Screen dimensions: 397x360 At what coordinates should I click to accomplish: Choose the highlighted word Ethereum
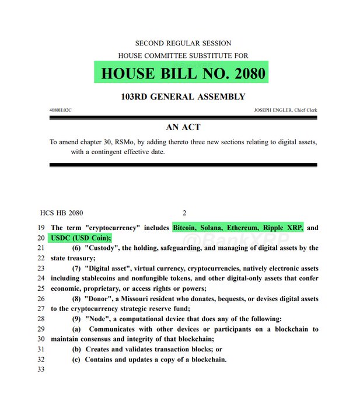click(257, 227)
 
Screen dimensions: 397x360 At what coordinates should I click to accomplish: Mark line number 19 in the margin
click(41, 227)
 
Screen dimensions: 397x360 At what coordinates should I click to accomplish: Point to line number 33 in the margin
click(41, 370)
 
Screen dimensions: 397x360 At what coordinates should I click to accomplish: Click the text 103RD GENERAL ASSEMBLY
click(183, 97)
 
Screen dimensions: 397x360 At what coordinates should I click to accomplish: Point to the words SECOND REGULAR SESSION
click(183, 43)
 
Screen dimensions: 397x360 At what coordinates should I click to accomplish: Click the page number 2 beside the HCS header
click(184, 213)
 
